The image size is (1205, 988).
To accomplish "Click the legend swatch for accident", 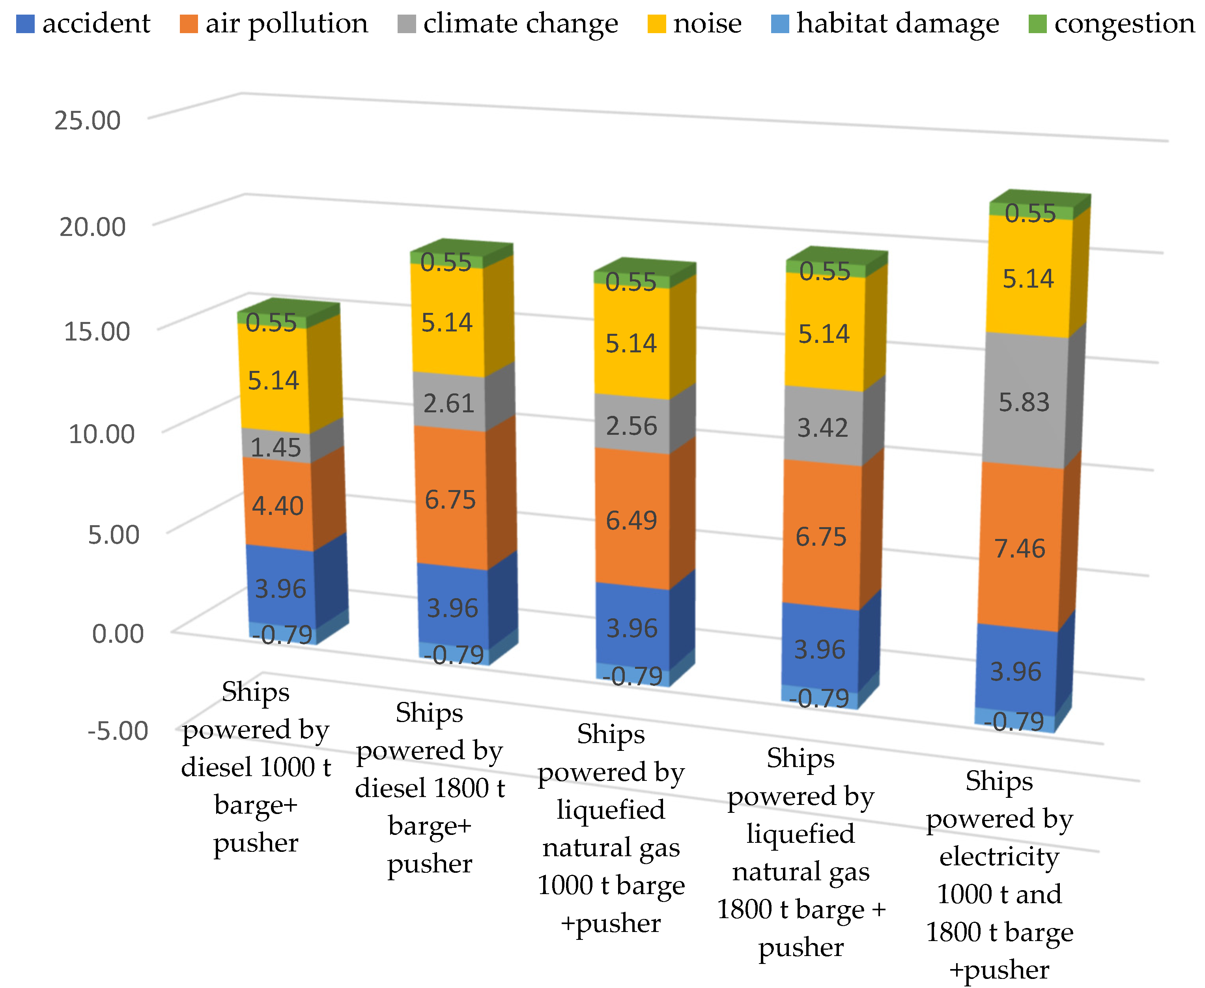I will pyautogui.click(x=25, y=24).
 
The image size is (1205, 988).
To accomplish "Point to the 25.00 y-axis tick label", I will pyautogui.click(x=87, y=121).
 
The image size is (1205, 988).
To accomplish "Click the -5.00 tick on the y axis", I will pyautogui.click(x=118, y=731).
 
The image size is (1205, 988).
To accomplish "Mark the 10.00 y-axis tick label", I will pyautogui.click(x=101, y=434).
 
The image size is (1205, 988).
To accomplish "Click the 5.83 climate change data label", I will pyautogui.click(x=1024, y=403).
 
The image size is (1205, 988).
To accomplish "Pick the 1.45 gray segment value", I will pyautogui.click(x=275, y=448).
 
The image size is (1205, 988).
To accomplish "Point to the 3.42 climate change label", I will pyautogui.click(x=822, y=428).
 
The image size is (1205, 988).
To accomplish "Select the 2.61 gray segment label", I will pyautogui.click(x=448, y=404).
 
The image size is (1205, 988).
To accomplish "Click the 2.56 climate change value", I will pyautogui.click(x=631, y=426).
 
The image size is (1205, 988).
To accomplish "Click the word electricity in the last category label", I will pyautogui.click(x=999, y=857).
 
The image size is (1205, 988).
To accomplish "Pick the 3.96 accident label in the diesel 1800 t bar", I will pyautogui.click(x=452, y=608).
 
